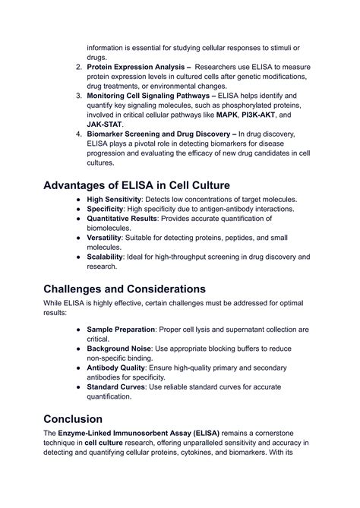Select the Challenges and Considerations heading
125,289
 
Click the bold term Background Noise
121,349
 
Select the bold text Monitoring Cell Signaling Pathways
150,96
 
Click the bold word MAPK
226,115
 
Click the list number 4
79,134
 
